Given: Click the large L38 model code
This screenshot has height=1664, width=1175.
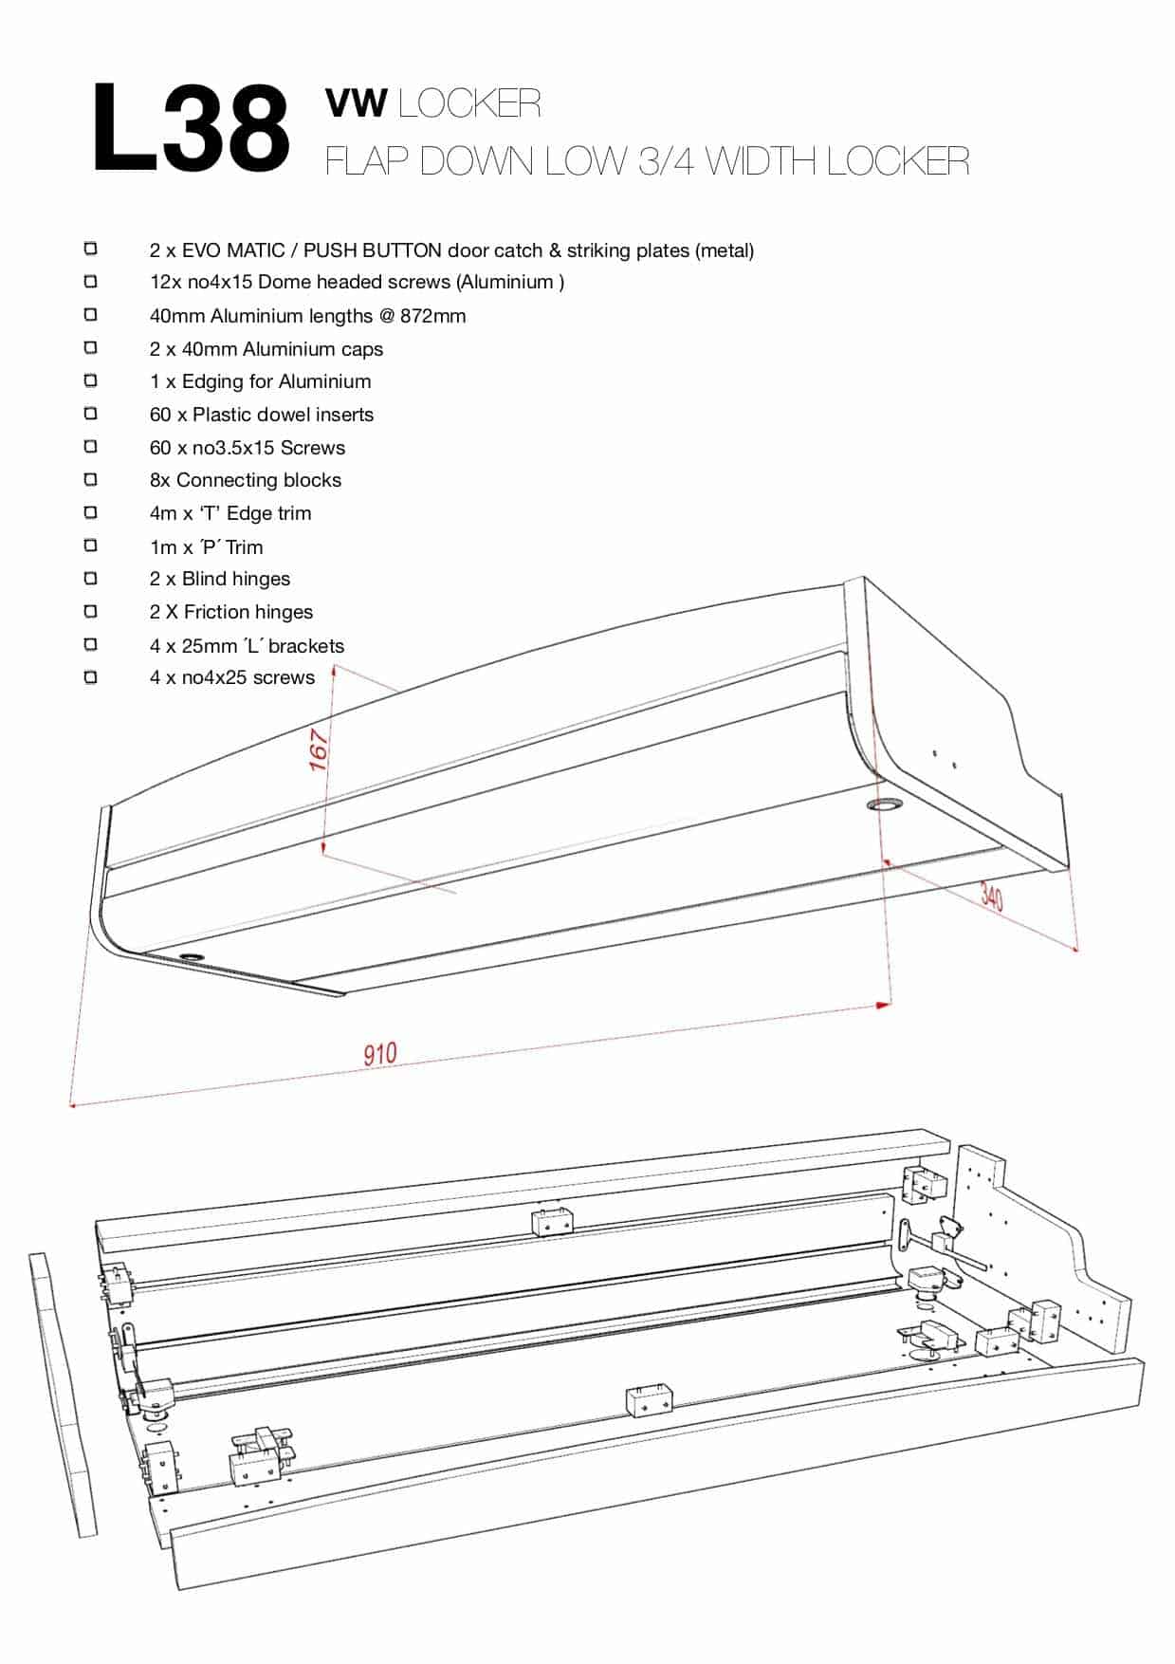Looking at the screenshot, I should click(191, 128).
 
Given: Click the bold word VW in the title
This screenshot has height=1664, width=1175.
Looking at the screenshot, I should click(356, 103).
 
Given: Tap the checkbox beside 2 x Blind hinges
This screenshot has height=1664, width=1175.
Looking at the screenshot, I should click(91, 578).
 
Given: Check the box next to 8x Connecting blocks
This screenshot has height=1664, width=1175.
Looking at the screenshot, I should click(91, 479).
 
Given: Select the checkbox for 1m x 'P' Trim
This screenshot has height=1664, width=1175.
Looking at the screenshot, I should click(91, 545).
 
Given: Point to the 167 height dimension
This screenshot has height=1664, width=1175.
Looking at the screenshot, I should click(319, 749).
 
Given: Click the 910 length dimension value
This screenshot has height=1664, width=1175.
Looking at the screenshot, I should click(380, 1053).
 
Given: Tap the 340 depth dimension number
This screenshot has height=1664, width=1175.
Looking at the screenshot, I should click(991, 896).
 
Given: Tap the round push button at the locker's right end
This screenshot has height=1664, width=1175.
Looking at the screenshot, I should click(885, 805).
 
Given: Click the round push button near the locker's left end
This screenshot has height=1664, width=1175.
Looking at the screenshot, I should click(192, 957).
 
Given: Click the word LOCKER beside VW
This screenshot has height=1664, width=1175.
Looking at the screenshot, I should click(469, 103).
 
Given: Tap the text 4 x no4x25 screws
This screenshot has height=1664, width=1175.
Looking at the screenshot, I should click(232, 677).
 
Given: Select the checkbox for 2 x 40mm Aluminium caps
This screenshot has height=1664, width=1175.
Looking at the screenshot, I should click(91, 348).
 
